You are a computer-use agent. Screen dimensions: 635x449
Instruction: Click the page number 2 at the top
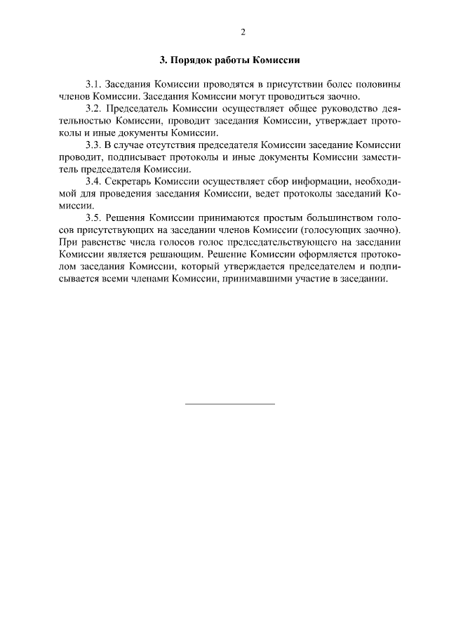tap(243, 32)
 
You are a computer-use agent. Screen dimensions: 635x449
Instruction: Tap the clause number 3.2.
tap(93, 109)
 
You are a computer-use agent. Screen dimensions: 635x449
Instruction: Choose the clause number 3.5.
tap(93, 218)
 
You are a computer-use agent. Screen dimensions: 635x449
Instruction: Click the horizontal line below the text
tap(229, 404)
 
